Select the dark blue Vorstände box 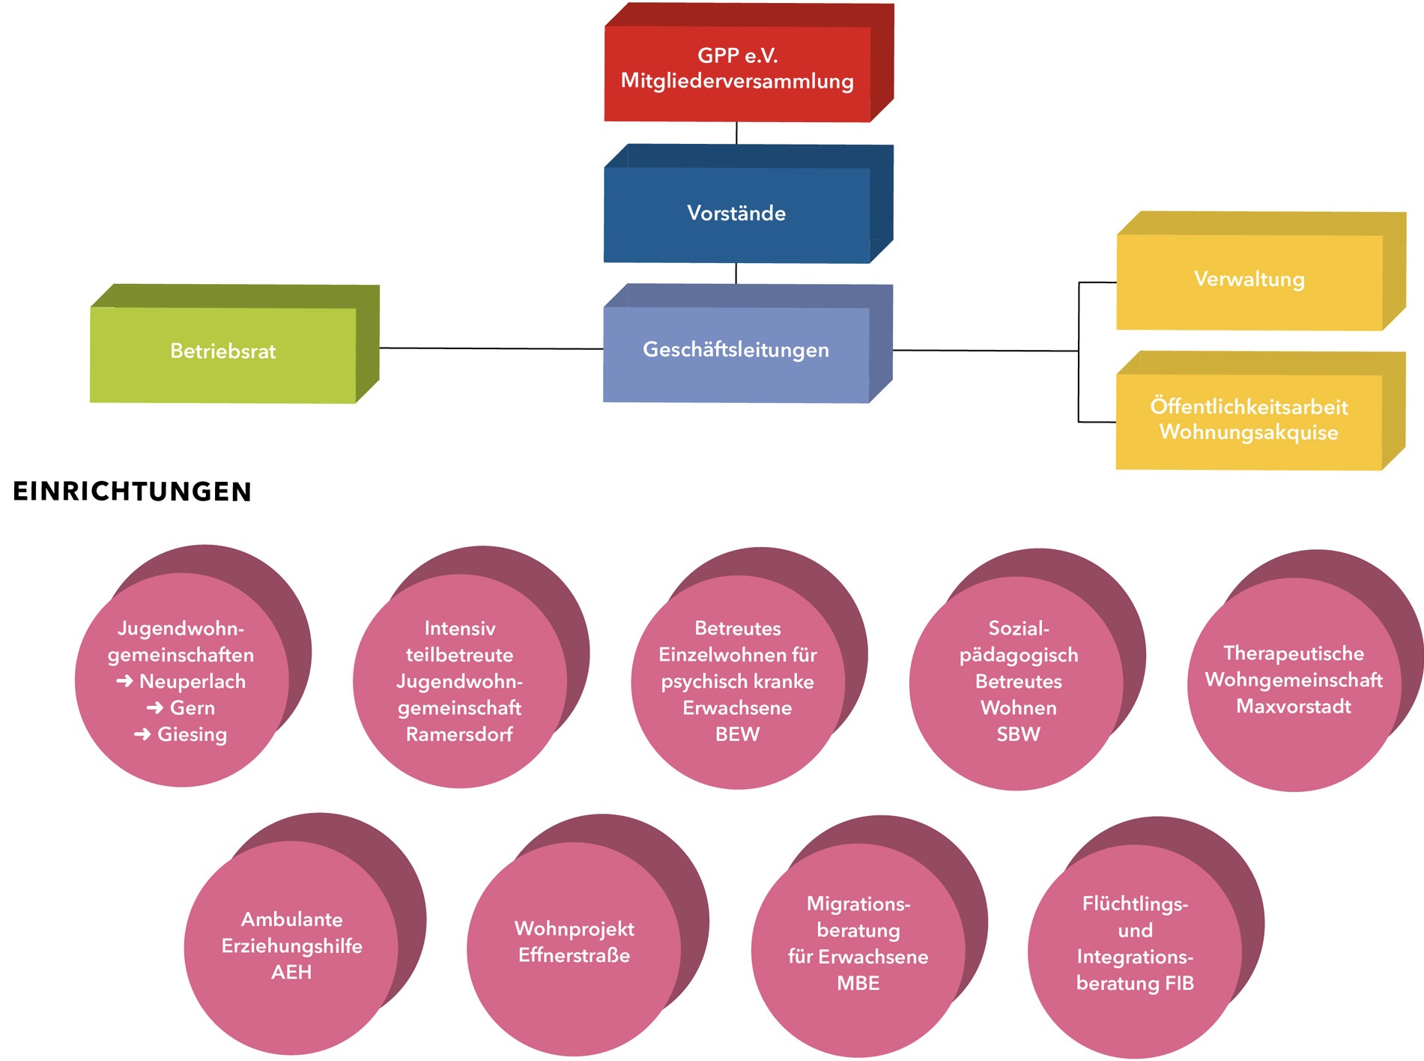[x=736, y=214]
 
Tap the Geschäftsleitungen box [x=736, y=351]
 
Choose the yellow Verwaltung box [x=1249, y=280]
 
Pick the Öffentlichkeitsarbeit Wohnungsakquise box [x=1249, y=420]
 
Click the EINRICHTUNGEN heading [x=132, y=492]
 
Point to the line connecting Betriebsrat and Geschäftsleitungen [x=491, y=348]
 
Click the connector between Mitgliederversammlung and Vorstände [x=736, y=133]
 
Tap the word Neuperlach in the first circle [x=193, y=682]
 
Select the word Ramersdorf [x=459, y=734]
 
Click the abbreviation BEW [x=737, y=734]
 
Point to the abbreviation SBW [x=1018, y=734]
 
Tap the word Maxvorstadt [x=1294, y=707]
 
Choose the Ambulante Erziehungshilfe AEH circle [x=291, y=946]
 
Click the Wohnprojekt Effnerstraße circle [x=574, y=943]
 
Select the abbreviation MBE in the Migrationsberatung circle [x=858, y=983]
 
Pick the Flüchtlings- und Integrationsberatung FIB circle [x=1134, y=944]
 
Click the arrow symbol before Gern [x=155, y=708]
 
